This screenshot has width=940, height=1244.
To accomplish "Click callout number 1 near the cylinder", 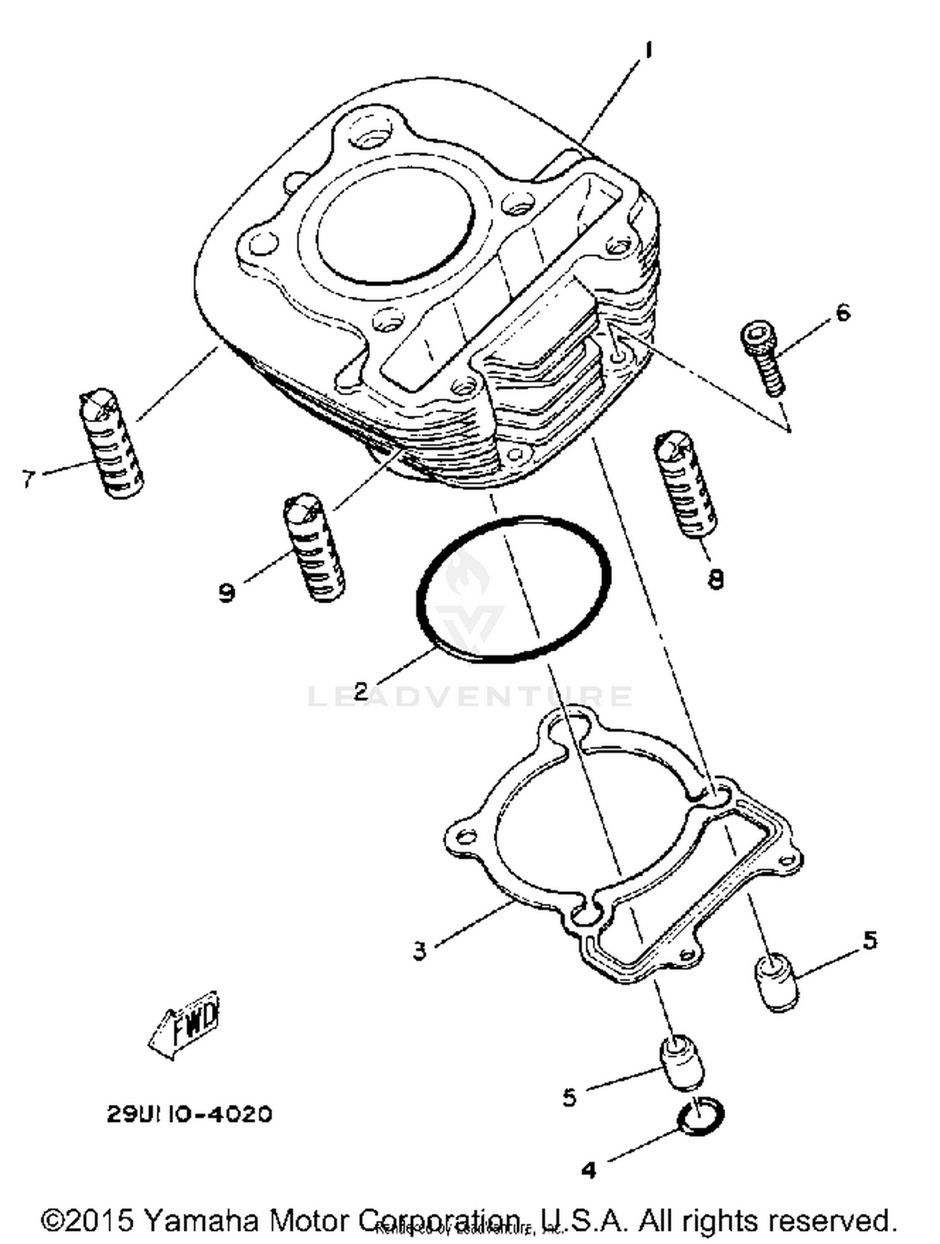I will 649,51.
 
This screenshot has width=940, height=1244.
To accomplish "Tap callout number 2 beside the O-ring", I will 361,691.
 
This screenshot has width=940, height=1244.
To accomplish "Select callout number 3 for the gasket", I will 419,950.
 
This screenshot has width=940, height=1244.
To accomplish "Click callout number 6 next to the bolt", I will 843,311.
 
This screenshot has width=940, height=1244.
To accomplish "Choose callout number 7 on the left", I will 28,479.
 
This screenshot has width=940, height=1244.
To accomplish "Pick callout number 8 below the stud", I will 715,579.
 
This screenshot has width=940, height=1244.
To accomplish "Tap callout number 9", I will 227,591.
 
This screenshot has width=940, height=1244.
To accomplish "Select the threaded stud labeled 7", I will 112,444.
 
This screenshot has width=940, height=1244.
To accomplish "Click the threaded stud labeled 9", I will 314,547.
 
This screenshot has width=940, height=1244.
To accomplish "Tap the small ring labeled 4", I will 701,1117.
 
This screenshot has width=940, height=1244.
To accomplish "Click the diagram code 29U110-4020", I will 190,1114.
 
